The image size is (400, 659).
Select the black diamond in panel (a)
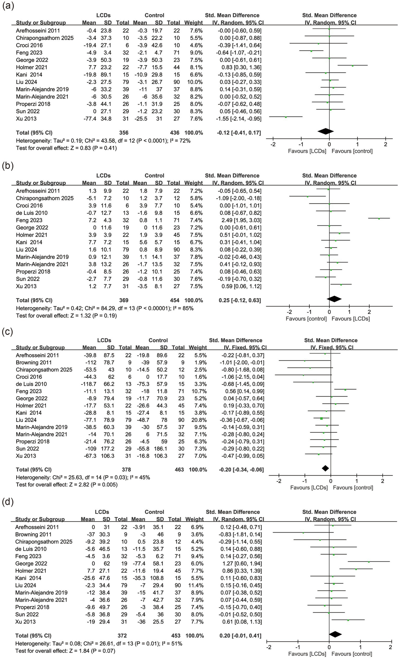click(326, 131)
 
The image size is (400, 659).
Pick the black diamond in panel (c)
click(325, 468)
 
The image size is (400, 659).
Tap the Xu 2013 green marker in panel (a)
click(286, 117)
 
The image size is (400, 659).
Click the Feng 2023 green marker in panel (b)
click(379, 219)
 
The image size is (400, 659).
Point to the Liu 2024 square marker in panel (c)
click(321, 418)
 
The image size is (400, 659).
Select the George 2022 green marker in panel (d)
click(369, 562)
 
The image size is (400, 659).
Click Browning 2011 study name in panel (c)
click(34, 362)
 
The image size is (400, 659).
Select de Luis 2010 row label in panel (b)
click(32, 213)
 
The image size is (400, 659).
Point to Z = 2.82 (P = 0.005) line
click(67, 484)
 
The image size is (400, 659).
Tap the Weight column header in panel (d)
click(194, 519)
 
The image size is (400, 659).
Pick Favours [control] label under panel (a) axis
click(352, 151)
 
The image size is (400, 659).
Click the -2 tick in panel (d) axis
click(269, 647)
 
